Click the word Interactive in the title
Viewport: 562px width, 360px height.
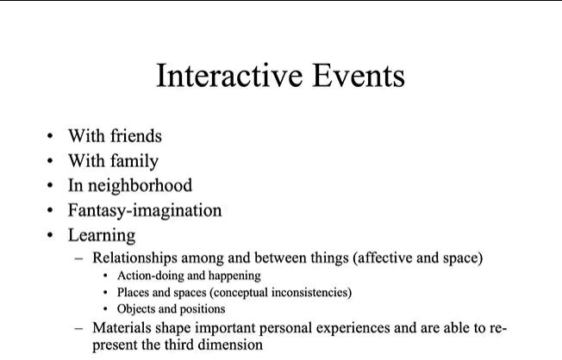pos(229,76)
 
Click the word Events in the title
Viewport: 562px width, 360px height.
pos(359,76)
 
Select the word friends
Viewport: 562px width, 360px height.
pos(136,136)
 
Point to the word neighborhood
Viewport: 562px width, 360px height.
pos(140,185)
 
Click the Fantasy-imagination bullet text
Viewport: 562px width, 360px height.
pos(145,210)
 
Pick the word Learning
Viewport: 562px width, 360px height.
pos(102,236)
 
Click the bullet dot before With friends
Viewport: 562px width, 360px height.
pos(50,136)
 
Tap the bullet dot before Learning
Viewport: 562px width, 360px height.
pos(50,235)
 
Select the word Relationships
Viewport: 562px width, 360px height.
pos(134,258)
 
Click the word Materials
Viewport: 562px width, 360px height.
pos(122,328)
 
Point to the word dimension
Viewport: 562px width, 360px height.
pos(230,344)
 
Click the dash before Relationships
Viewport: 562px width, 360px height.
pos(78,258)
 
